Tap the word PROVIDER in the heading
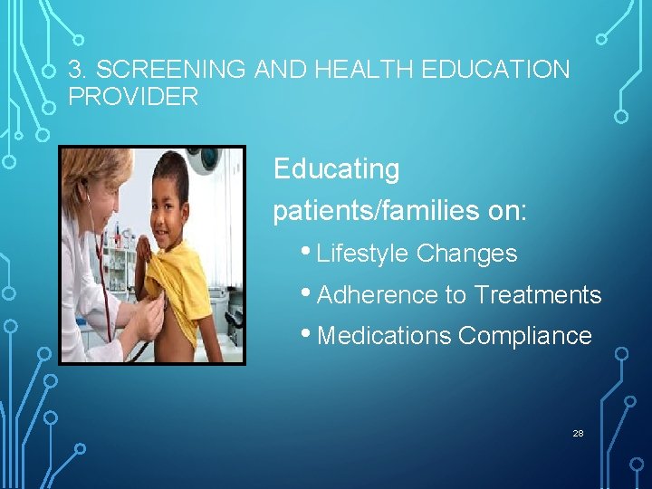(x=133, y=97)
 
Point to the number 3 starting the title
(x=76, y=70)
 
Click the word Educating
(x=336, y=169)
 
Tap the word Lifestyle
(x=363, y=254)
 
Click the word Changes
(x=466, y=254)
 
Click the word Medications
(x=385, y=336)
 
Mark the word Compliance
(x=525, y=336)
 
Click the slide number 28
(x=578, y=434)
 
